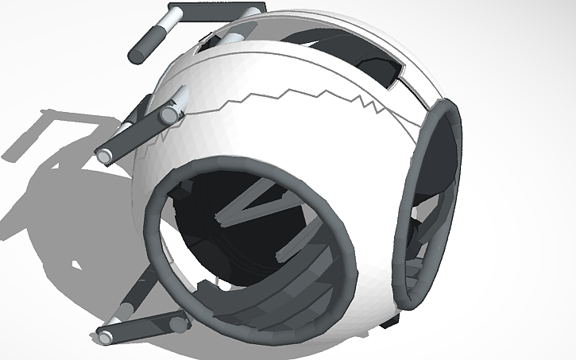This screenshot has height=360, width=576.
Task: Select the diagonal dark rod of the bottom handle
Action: [136, 290]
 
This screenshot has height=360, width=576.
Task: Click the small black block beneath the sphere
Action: [389, 322]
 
